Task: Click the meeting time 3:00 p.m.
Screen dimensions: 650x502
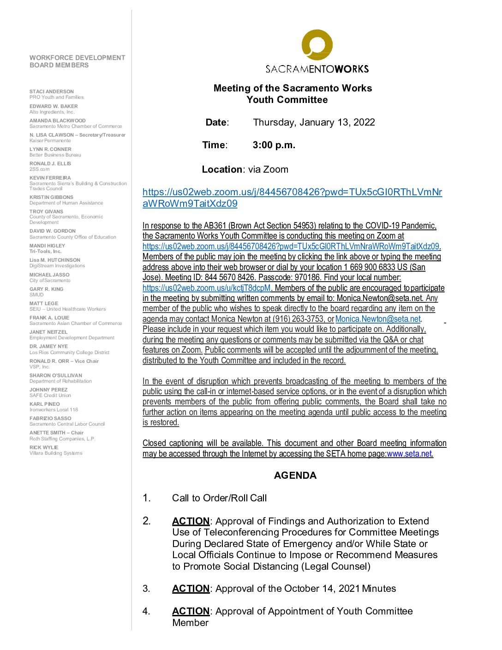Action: (274, 145)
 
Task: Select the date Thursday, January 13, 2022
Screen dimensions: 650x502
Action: (314, 122)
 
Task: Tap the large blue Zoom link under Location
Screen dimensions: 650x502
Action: (292, 198)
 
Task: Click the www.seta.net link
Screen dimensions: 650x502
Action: (410, 453)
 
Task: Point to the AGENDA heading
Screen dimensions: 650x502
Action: (295, 475)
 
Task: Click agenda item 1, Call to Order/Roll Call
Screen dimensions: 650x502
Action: (219, 498)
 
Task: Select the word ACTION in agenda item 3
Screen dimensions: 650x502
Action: (191, 589)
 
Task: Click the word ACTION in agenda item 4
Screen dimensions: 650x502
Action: (191, 611)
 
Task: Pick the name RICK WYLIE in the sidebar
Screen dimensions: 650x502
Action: (44, 447)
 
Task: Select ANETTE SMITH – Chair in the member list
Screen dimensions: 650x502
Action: (56, 433)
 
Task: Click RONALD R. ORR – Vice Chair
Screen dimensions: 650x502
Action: (64, 361)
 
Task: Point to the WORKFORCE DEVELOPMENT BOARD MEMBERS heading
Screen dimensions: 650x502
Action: (77, 61)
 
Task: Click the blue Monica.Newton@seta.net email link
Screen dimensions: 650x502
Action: (378, 319)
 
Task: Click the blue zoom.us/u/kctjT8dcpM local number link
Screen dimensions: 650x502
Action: (207, 288)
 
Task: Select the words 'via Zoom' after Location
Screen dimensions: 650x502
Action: (268, 169)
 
